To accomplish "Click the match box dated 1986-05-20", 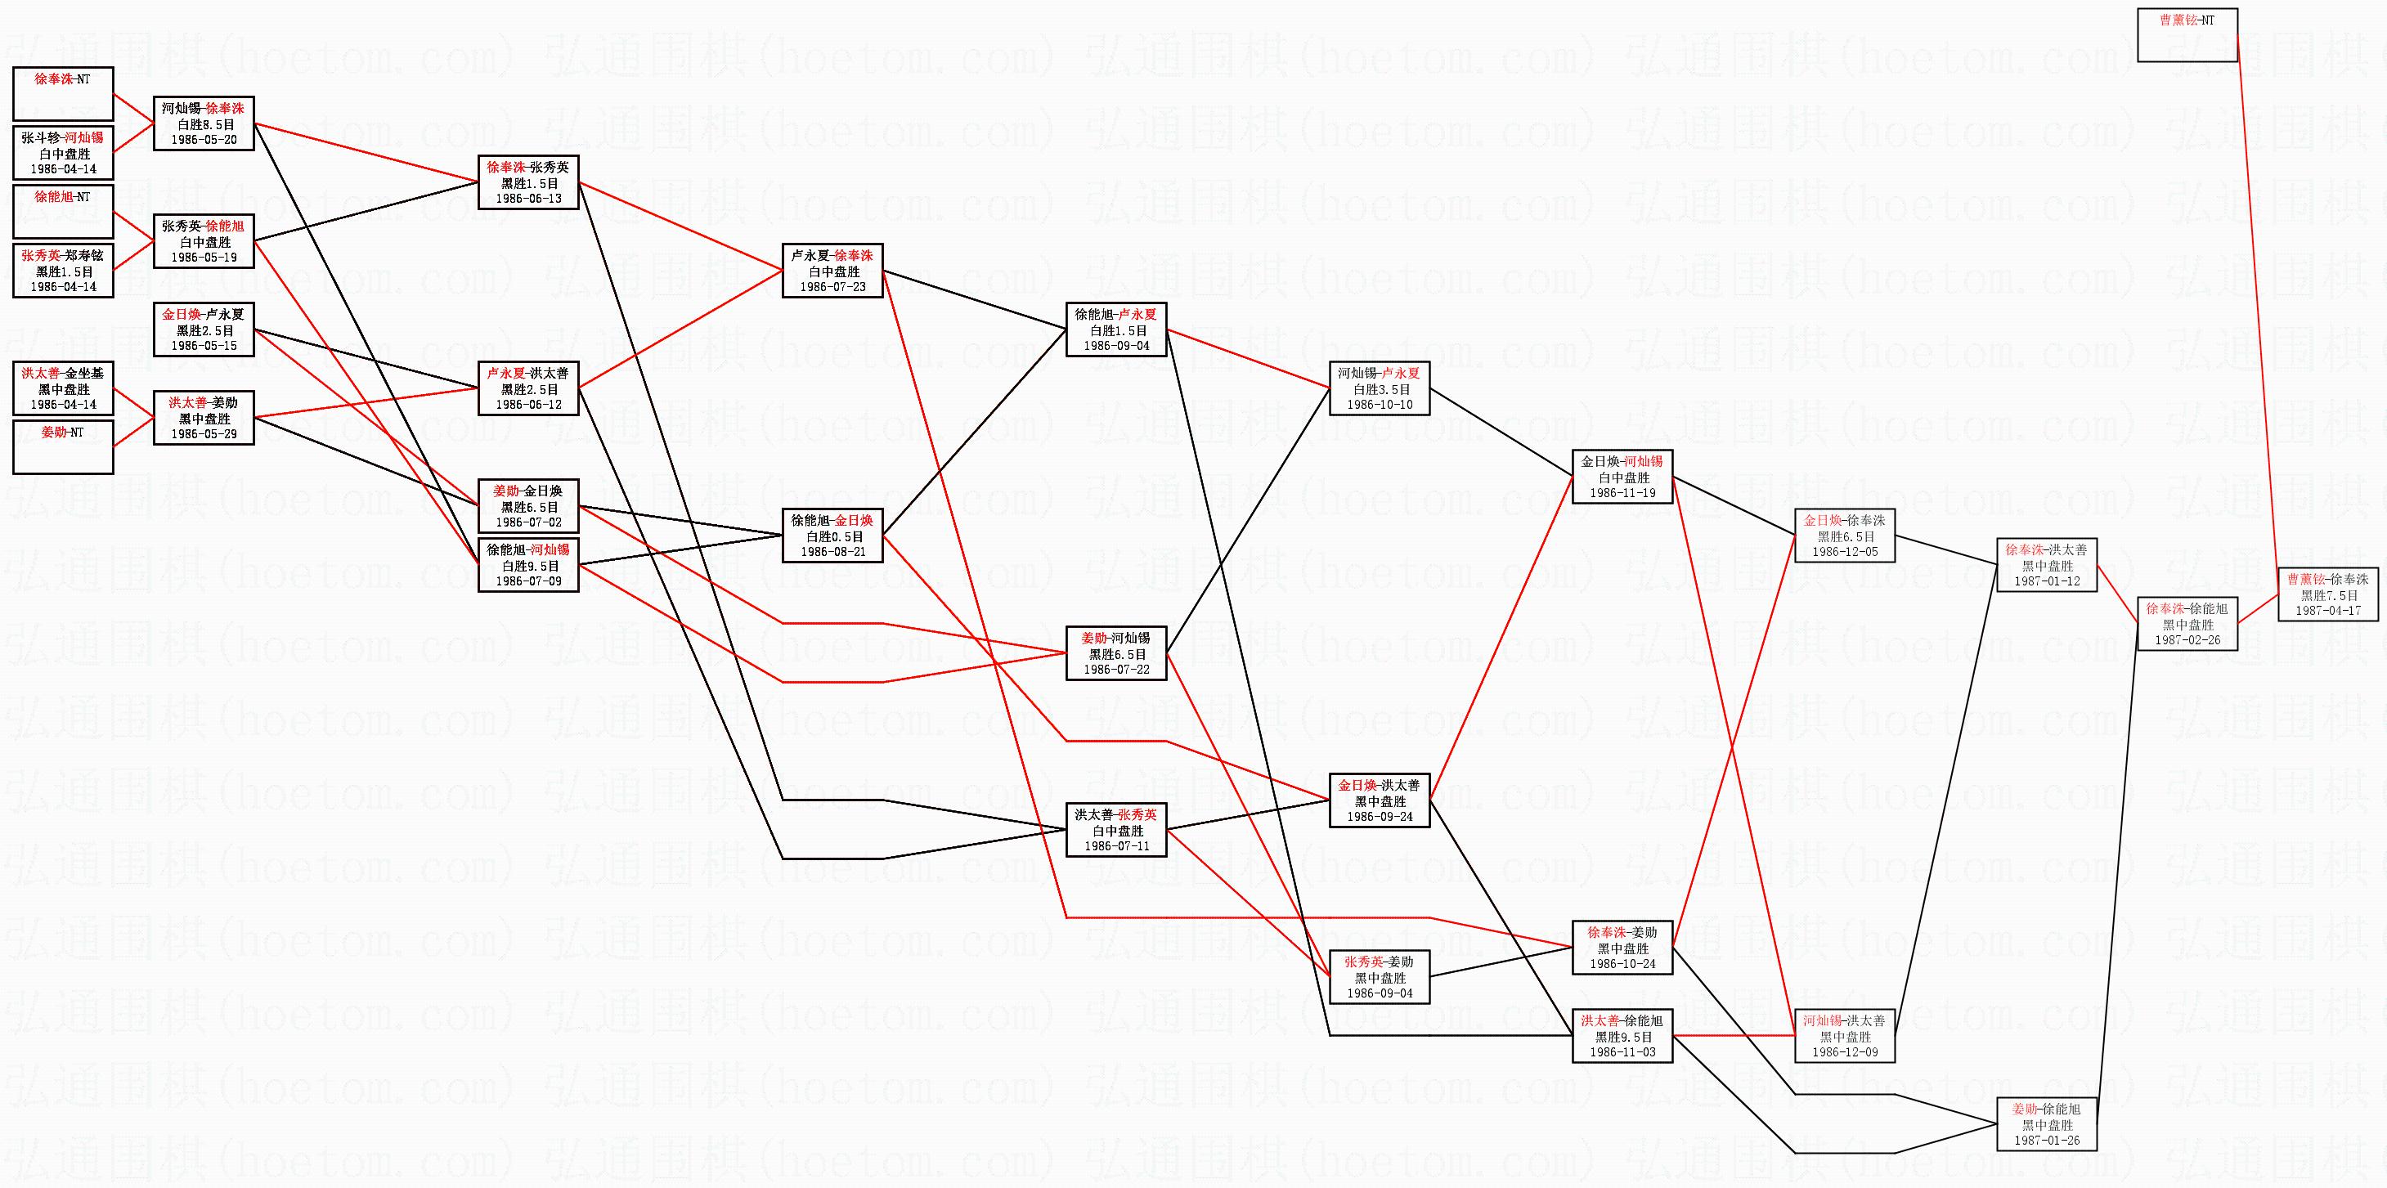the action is pos(204,124).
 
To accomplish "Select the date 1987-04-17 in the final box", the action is pos(2327,612).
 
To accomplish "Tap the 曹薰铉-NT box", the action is pos(2187,35).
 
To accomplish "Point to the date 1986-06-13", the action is pos(528,199).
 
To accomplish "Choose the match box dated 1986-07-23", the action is pos(832,271).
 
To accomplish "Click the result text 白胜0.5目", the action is pos(832,536).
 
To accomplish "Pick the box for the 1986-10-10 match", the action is pos(1379,388).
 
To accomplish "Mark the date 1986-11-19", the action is pos(1622,494).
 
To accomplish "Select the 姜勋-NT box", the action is pos(63,446).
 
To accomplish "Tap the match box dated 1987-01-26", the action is pos(2046,1124).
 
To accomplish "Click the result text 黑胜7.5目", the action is pos(2327,596).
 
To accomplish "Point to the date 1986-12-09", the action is pos(1845,1053).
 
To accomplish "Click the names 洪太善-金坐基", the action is pos(63,374).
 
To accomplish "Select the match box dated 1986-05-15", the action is pos(204,330).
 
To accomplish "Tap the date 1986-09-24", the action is pos(1380,818).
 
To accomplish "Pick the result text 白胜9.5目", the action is pos(528,566).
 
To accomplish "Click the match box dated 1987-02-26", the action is pos(2187,625).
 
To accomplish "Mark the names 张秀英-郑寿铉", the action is pos(63,256).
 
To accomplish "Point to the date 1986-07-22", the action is pos(1115,670).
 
